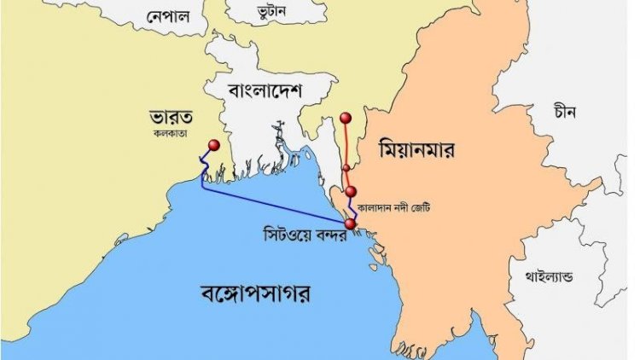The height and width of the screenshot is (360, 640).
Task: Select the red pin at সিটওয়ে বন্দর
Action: [x=350, y=224]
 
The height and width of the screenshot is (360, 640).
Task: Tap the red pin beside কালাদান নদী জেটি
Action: [x=351, y=192]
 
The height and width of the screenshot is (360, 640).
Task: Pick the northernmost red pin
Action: [x=345, y=118]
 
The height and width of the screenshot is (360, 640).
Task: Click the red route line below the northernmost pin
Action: [x=346, y=145]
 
